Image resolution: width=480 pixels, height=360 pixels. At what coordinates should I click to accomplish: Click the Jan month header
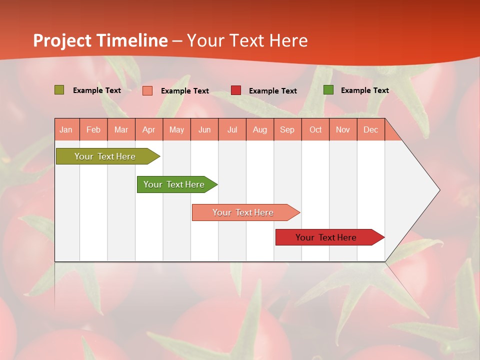(x=66, y=129)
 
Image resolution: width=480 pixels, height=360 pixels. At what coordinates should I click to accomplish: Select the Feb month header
(x=93, y=129)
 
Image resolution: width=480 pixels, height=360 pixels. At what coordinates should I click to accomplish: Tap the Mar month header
(x=121, y=129)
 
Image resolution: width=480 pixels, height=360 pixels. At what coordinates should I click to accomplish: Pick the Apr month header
(x=148, y=129)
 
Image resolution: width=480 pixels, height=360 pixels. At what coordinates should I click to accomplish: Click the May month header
(x=176, y=129)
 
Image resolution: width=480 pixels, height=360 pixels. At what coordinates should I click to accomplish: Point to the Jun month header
(x=204, y=129)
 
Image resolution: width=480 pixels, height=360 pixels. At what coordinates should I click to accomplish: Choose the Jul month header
(x=232, y=129)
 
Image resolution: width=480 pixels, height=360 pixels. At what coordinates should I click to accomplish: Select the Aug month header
(x=260, y=129)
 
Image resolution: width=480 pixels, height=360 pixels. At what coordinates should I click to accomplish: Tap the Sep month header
(x=287, y=129)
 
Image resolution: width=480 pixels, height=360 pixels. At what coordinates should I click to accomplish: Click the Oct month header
(x=315, y=129)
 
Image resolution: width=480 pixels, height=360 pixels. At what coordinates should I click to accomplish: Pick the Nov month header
(x=343, y=129)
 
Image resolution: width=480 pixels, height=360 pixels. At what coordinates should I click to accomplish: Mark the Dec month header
(x=370, y=129)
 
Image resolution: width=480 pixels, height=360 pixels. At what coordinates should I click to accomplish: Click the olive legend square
(x=59, y=90)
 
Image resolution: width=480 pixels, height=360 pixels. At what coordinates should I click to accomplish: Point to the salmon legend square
(x=147, y=90)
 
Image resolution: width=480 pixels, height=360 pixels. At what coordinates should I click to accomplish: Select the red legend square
(x=236, y=90)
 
